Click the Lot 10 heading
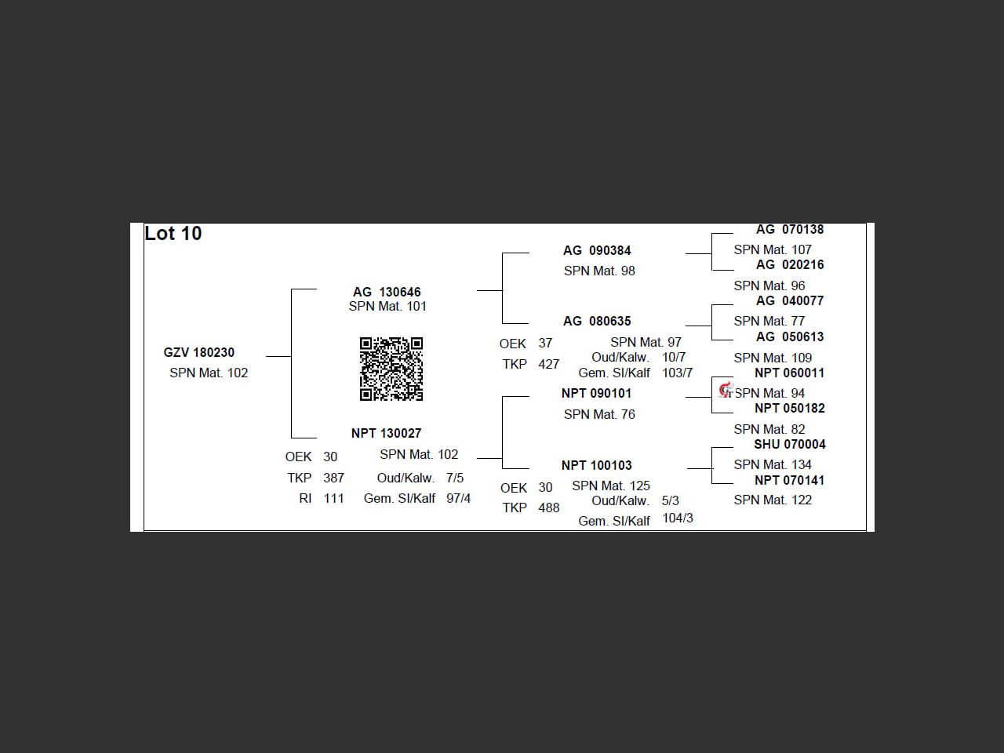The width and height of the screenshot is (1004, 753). (x=173, y=234)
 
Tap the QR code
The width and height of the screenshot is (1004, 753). (x=391, y=369)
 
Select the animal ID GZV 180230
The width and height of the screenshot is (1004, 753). (x=199, y=353)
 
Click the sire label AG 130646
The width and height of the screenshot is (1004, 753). (x=387, y=292)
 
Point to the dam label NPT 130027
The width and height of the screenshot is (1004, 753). (x=386, y=433)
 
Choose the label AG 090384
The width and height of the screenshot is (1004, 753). (x=597, y=250)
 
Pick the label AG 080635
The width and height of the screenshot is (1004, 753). (x=597, y=321)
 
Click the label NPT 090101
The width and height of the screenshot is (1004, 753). (x=596, y=393)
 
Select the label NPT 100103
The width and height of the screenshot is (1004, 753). (x=596, y=465)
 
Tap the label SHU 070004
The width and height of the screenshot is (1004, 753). (x=790, y=444)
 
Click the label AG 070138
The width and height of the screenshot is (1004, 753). (x=790, y=230)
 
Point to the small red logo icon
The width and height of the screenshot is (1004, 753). (x=726, y=390)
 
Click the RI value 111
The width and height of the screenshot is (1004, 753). (x=333, y=498)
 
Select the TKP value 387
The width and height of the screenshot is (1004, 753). (x=333, y=478)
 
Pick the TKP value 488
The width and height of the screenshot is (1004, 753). (x=549, y=507)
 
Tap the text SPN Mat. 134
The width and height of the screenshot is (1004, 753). (x=773, y=464)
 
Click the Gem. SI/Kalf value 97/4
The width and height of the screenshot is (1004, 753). (x=458, y=498)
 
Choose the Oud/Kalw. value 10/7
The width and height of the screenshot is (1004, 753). (x=674, y=357)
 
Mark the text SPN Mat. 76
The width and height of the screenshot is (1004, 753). (x=599, y=414)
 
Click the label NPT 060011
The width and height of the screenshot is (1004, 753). (x=790, y=373)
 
